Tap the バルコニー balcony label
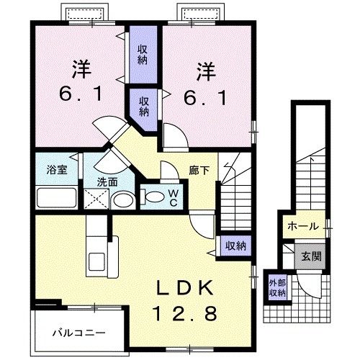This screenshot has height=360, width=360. pos(79,333)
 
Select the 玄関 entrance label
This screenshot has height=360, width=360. pos(311,255)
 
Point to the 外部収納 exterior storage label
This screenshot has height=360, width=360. pos(277,287)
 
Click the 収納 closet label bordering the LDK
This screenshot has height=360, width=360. pos(235,246)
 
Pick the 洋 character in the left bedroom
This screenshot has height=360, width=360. pos(81,70)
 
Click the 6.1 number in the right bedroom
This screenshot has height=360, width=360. pos(207,94)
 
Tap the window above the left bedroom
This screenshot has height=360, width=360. pos(86,14)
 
